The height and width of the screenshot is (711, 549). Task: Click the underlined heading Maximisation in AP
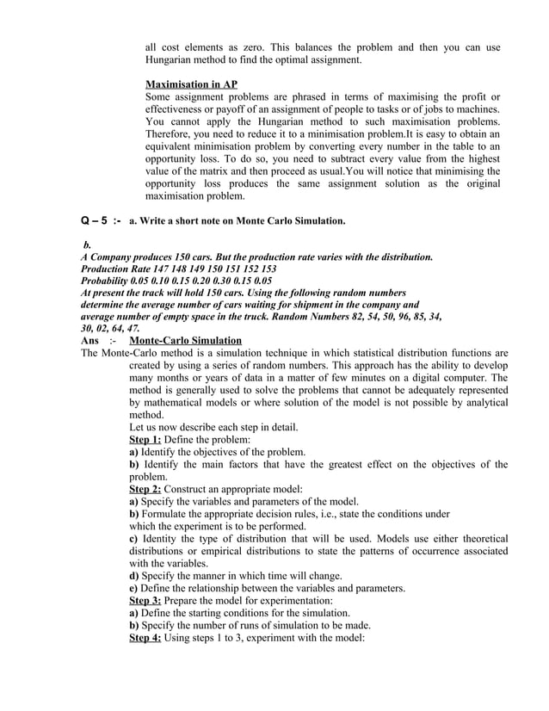click(x=191, y=84)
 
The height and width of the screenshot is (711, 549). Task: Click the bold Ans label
click(x=90, y=341)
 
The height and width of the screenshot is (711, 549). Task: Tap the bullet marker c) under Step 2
click(x=134, y=539)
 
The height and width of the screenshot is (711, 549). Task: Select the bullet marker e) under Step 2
click(x=134, y=588)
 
